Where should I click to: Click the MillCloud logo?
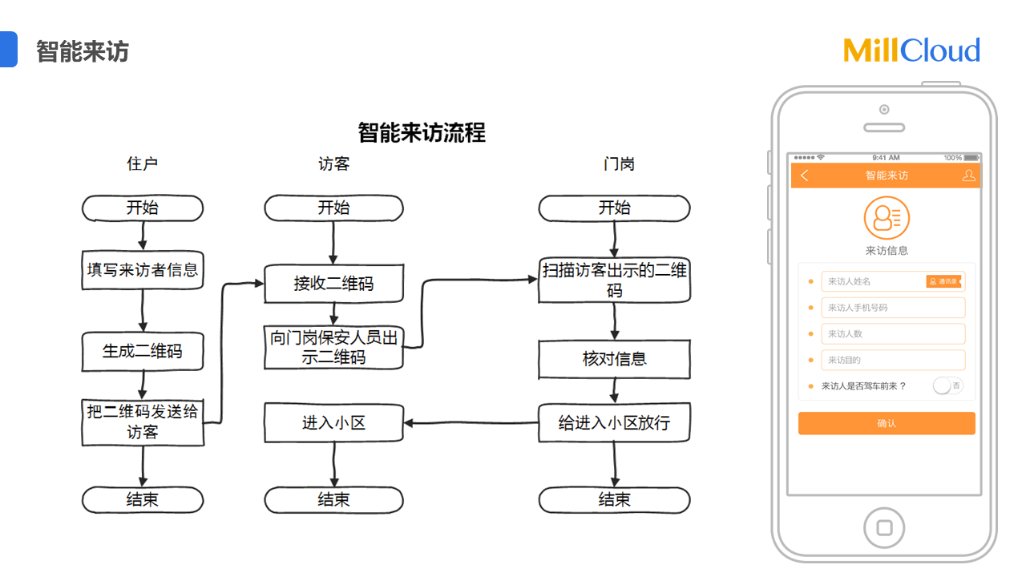911,50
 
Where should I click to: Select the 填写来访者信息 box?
143,270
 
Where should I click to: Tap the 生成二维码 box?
143,352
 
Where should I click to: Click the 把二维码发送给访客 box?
143,422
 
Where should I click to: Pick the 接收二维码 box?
333,284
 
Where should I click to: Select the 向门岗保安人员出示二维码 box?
333,348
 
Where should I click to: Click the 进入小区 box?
333,422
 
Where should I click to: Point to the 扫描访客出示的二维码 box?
614,280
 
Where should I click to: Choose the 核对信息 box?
614,359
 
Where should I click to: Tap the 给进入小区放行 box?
614,422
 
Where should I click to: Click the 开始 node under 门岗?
614,208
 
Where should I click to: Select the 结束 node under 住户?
143,500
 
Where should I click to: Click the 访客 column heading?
333,164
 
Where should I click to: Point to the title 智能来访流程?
422,132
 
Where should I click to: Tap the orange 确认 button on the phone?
887,423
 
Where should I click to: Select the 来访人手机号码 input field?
893,308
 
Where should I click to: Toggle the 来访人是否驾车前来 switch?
947,386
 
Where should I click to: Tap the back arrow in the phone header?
805,176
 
